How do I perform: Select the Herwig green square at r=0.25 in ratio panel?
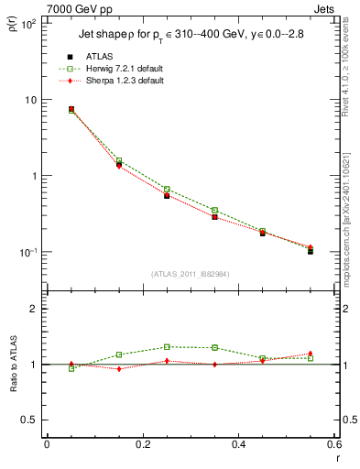tap(167, 346)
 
